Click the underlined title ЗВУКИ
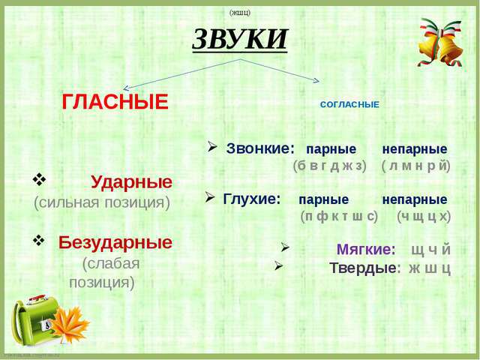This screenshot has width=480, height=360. click(240, 39)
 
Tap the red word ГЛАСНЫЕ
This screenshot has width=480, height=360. click(115, 102)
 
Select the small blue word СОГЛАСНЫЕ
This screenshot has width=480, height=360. click(349, 105)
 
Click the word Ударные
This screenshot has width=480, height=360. click(132, 182)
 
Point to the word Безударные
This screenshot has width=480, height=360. click(115, 242)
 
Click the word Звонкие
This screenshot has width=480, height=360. click(260, 148)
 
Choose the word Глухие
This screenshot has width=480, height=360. click(252, 199)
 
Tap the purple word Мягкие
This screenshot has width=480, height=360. click(366, 250)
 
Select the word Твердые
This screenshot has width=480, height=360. click(365, 268)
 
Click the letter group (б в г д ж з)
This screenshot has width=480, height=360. click(330, 166)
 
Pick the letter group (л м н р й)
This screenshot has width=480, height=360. click(416, 166)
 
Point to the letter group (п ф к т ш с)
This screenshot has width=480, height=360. click(339, 217)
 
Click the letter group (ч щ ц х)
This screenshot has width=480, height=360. click(424, 217)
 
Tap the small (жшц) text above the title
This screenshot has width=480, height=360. click(240, 13)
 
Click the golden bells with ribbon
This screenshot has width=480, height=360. click(440, 42)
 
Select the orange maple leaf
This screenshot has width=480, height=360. click(70, 325)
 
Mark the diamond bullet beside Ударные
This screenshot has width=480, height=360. click(39, 180)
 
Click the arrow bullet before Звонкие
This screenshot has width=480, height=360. click(211, 147)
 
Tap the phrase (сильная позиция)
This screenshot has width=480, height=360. click(102, 202)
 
